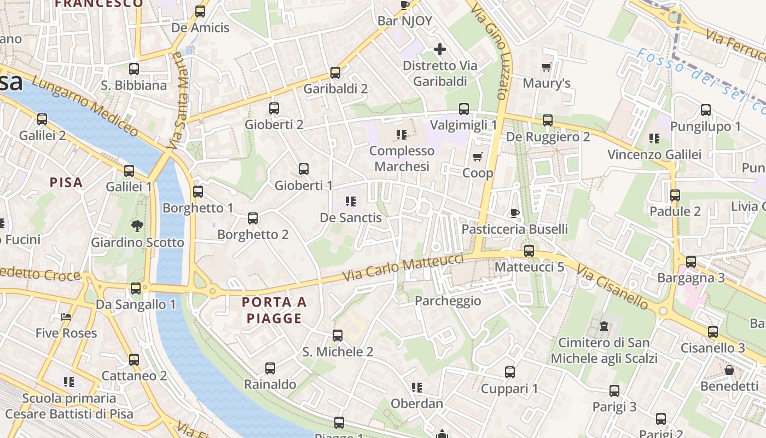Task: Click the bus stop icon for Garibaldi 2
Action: click(335, 72)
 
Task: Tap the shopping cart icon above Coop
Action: click(478, 157)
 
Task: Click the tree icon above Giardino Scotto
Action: click(137, 225)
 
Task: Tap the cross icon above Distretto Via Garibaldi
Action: click(439, 50)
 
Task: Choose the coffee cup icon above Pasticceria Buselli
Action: click(514, 212)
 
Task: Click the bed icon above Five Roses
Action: click(66, 317)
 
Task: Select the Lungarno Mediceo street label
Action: click(85, 106)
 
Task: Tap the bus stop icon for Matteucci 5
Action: click(529, 251)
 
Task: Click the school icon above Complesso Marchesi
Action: click(402, 134)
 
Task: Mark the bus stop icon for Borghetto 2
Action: click(252, 218)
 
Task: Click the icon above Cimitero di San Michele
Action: click(603, 326)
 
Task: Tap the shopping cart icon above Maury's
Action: click(546, 67)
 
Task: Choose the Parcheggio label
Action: click(448, 301)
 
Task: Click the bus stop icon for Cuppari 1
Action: click(509, 372)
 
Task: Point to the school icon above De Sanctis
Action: click(351, 201)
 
